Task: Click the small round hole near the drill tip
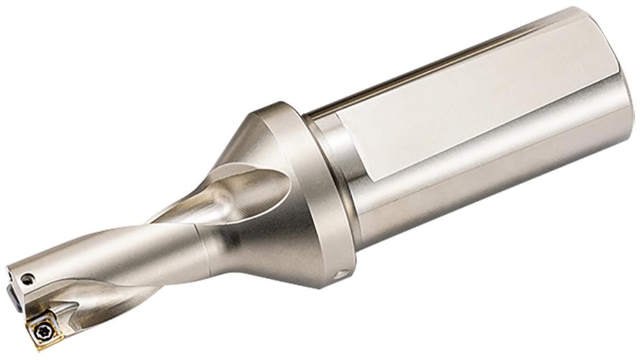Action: click(27, 279)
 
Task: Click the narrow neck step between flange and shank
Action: click(334, 167)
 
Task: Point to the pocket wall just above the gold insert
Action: click(61, 308)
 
